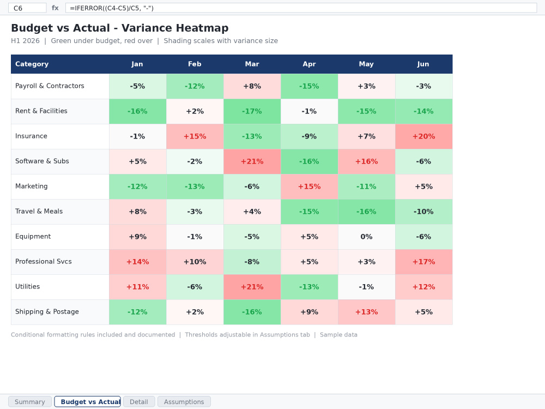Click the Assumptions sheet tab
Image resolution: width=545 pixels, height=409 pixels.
click(184, 402)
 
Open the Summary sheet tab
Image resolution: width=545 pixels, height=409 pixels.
click(30, 402)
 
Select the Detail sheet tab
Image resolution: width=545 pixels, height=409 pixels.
click(138, 402)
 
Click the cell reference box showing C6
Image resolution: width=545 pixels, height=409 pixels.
click(27, 8)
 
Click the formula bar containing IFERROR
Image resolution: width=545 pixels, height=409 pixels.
click(301, 8)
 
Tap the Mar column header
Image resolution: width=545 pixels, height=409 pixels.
click(252, 64)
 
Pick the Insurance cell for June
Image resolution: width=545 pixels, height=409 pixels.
click(423, 136)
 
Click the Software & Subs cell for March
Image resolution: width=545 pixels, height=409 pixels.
click(252, 161)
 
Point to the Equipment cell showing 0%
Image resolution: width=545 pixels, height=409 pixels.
click(366, 237)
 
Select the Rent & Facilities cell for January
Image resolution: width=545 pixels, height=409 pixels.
click(138, 111)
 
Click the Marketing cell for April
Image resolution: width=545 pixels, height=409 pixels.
click(310, 187)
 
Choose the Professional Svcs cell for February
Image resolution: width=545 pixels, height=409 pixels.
click(195, 262)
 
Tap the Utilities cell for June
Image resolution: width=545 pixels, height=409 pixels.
click(423, 287)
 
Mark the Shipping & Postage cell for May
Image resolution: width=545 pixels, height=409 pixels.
click(366, 312)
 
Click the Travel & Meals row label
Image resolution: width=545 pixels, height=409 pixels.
click(39, 212)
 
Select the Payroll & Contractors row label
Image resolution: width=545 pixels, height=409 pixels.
click(50, 86)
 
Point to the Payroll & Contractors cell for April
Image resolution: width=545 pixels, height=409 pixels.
click(310, 86)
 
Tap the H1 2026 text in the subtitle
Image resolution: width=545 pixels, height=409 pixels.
click(26, 41)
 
